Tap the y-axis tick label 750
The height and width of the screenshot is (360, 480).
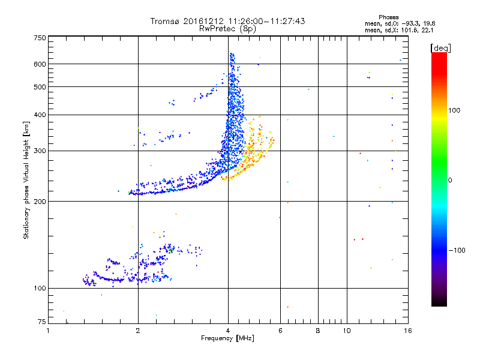click(x=40, y=38)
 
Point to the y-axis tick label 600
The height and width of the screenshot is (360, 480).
click(x=40, y=64)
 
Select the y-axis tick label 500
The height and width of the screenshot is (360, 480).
click(x=40, y=87)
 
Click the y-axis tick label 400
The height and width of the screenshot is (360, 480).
click(x=40, y=115)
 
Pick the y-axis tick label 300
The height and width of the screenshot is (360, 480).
click(x=40, y=151)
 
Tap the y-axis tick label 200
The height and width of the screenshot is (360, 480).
click(x=40, y=202)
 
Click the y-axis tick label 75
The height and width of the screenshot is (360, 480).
click(x=41, y=323)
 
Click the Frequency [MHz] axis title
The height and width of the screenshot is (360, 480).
click(x=228, y=338)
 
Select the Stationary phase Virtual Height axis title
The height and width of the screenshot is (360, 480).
click(x=26, y=180)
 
